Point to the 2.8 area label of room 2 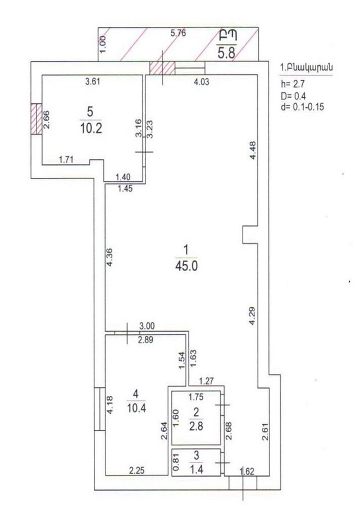click(x=196, y=424)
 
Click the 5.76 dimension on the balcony click(x=177, y=34)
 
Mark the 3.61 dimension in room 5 click(x=92, y=83)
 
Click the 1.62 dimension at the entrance click(x=247, y=472)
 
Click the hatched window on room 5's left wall click(x=36, y=118)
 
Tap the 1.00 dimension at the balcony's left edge click(x=102, y=44)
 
